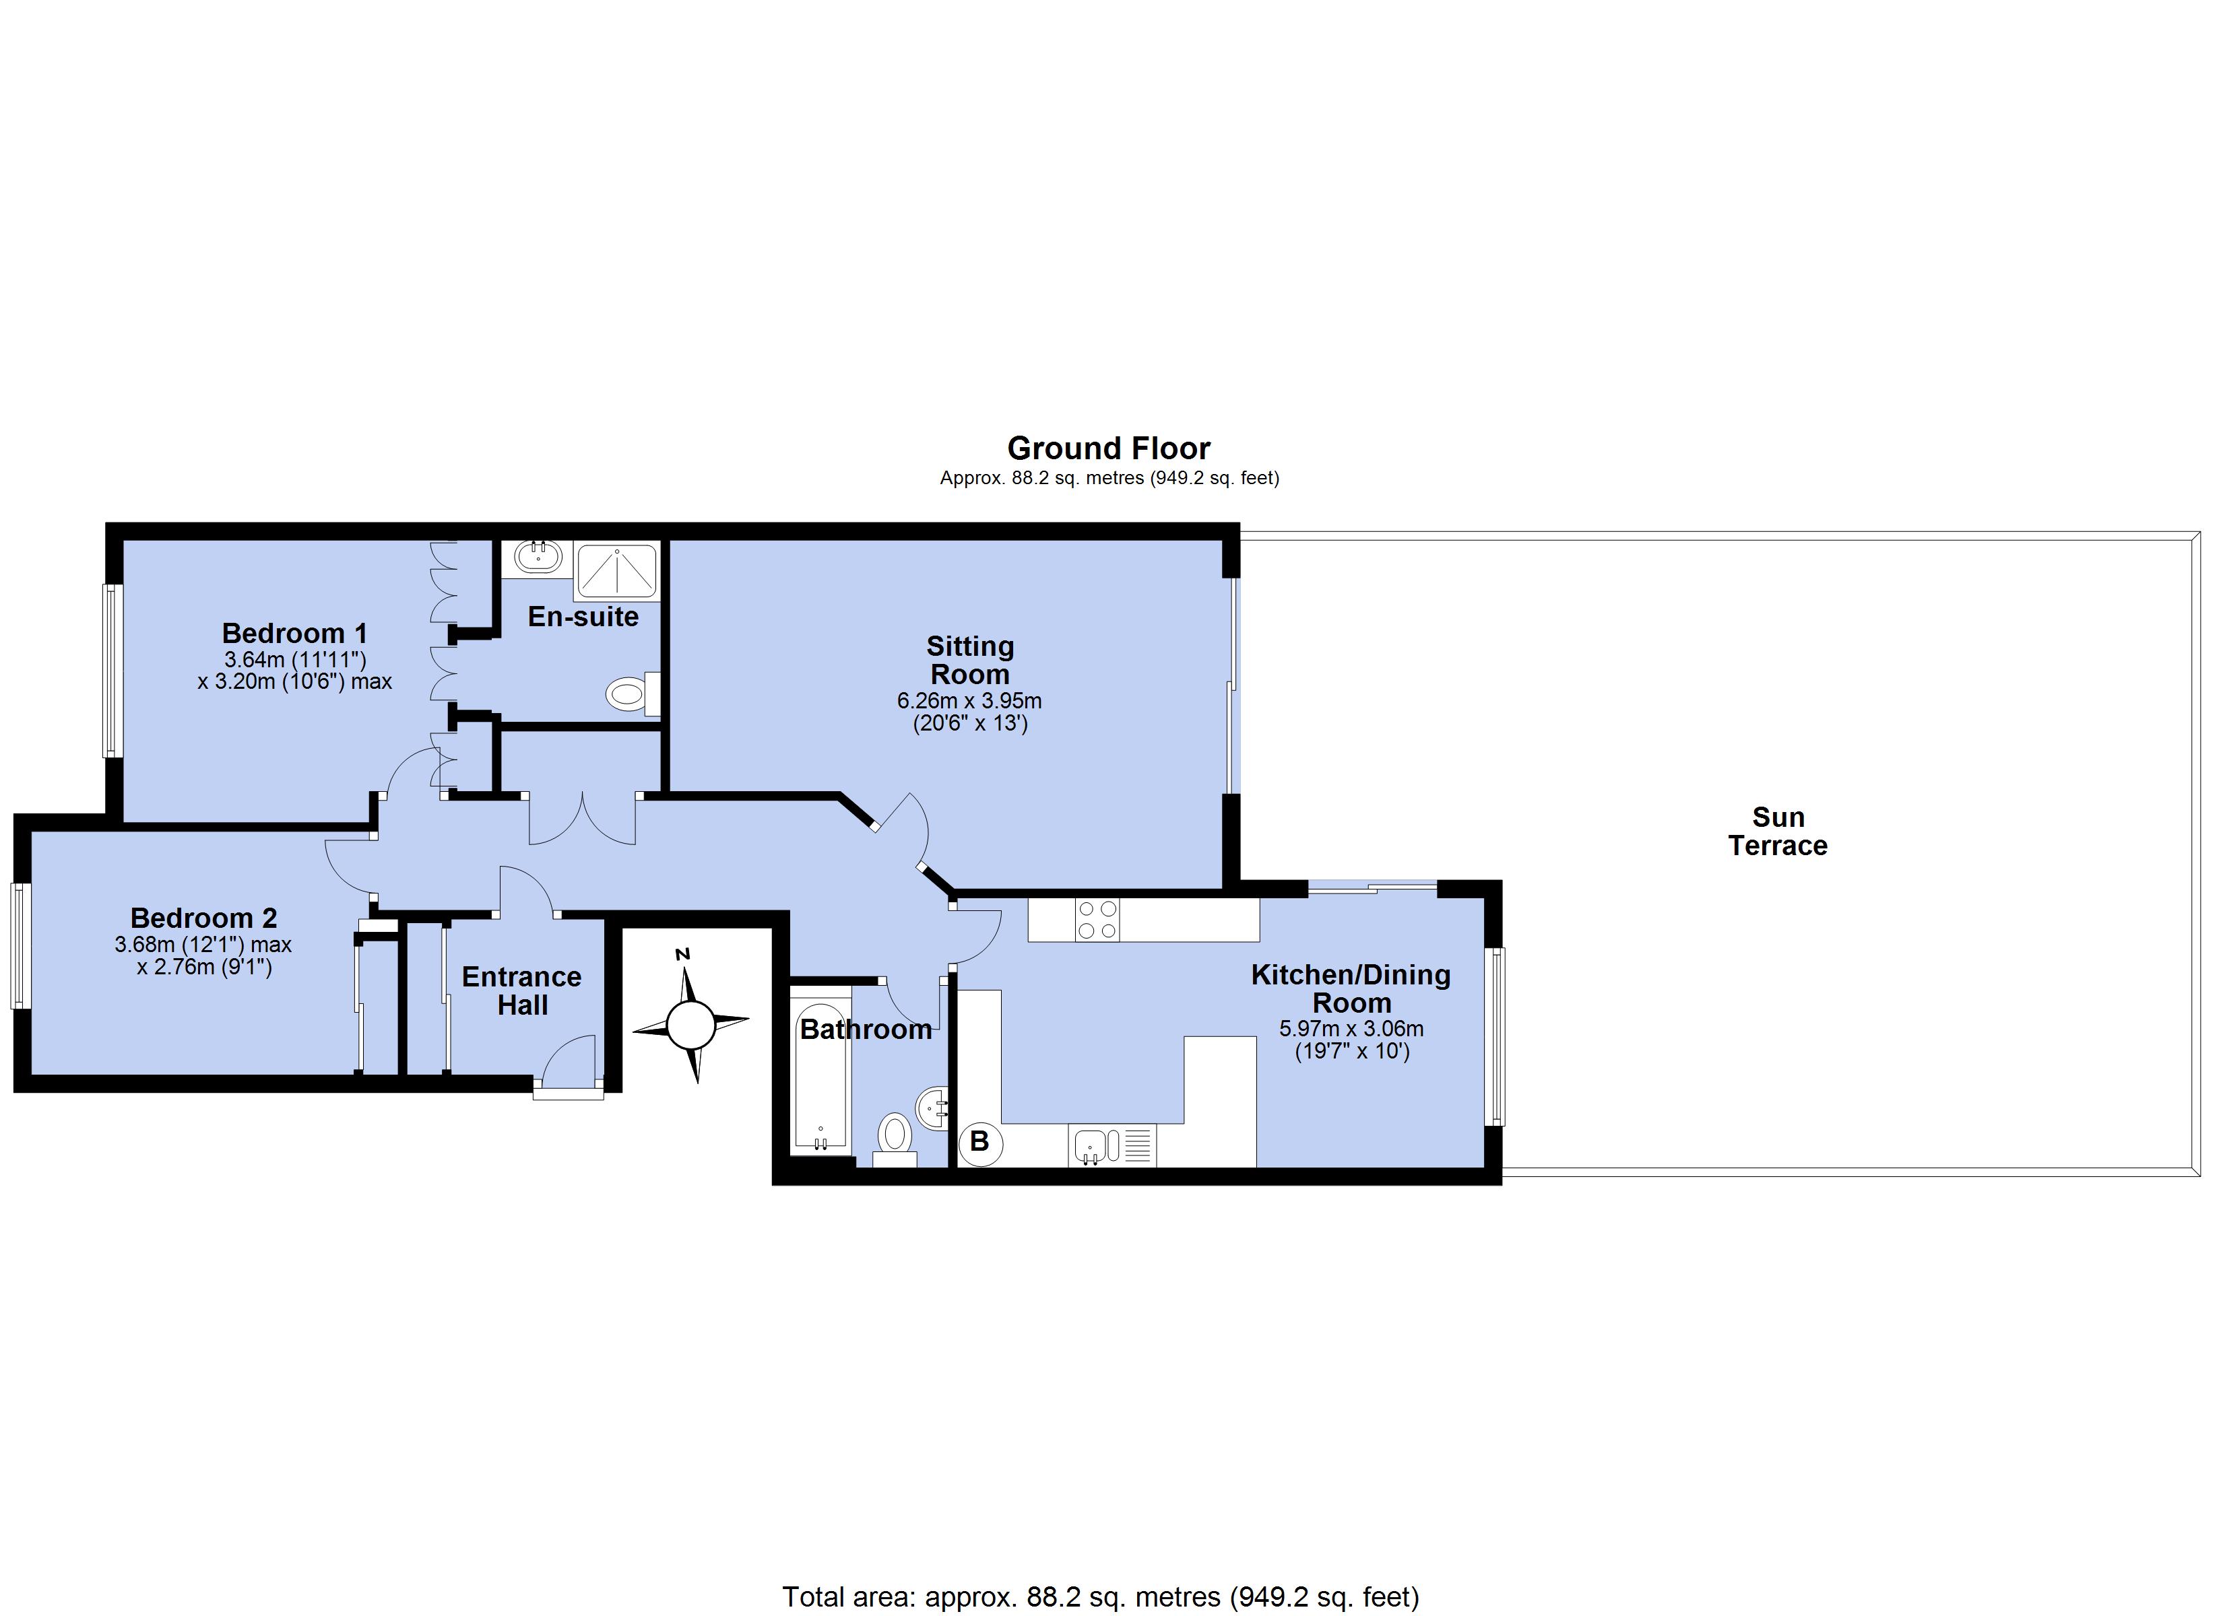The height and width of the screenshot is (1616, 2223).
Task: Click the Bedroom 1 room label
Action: click(295, 633)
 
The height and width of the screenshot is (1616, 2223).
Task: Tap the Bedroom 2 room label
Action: click(204, 918)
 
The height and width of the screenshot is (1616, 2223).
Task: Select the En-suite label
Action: click(583, 616)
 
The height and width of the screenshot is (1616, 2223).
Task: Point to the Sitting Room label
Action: click(970, 661)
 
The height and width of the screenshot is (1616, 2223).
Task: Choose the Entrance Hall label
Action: click(521, 990)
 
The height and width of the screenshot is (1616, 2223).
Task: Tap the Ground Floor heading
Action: click(1109, 448)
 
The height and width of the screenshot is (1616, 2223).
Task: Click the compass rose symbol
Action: click(691, 1025)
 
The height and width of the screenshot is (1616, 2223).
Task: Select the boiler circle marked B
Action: click(980, 1142)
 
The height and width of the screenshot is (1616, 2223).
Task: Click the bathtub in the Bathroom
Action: click(820, 1078)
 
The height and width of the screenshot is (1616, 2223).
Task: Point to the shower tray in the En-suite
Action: click(616, 572)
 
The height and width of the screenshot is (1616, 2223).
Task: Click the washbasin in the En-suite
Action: click(538, 557)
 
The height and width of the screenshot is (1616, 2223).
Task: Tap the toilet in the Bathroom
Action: click(894, 1140)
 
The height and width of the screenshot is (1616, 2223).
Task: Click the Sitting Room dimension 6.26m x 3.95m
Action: click(969, 702)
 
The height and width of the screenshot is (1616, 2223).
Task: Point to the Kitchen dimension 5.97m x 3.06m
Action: click(1351, 1029)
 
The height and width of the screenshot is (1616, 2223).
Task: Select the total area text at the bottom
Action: click(1101, 1597)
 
